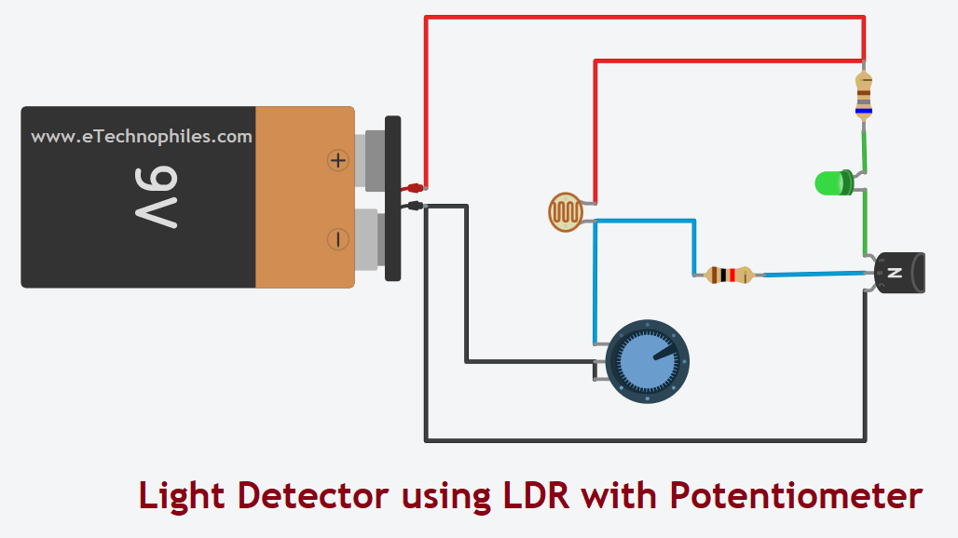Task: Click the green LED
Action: point(829,182)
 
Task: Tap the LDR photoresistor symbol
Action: point(565,212)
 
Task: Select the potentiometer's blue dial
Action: point(647,361)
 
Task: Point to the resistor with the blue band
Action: point(864,98)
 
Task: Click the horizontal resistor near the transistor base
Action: point(729,275)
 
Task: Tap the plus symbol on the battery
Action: point(337,161)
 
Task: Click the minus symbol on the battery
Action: point(337,239)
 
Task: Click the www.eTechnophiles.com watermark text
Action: point(142,137)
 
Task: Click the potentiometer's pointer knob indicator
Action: point(664,353)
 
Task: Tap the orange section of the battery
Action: point(304,197)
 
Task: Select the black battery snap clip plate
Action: point(392,197)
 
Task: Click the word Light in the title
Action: point(182,495)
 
